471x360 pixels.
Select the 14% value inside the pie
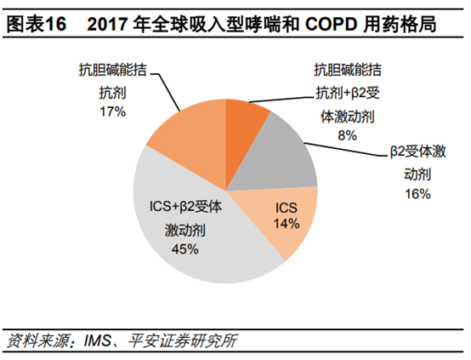287,224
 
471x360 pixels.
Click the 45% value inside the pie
184,249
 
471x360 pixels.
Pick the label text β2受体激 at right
418,151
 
